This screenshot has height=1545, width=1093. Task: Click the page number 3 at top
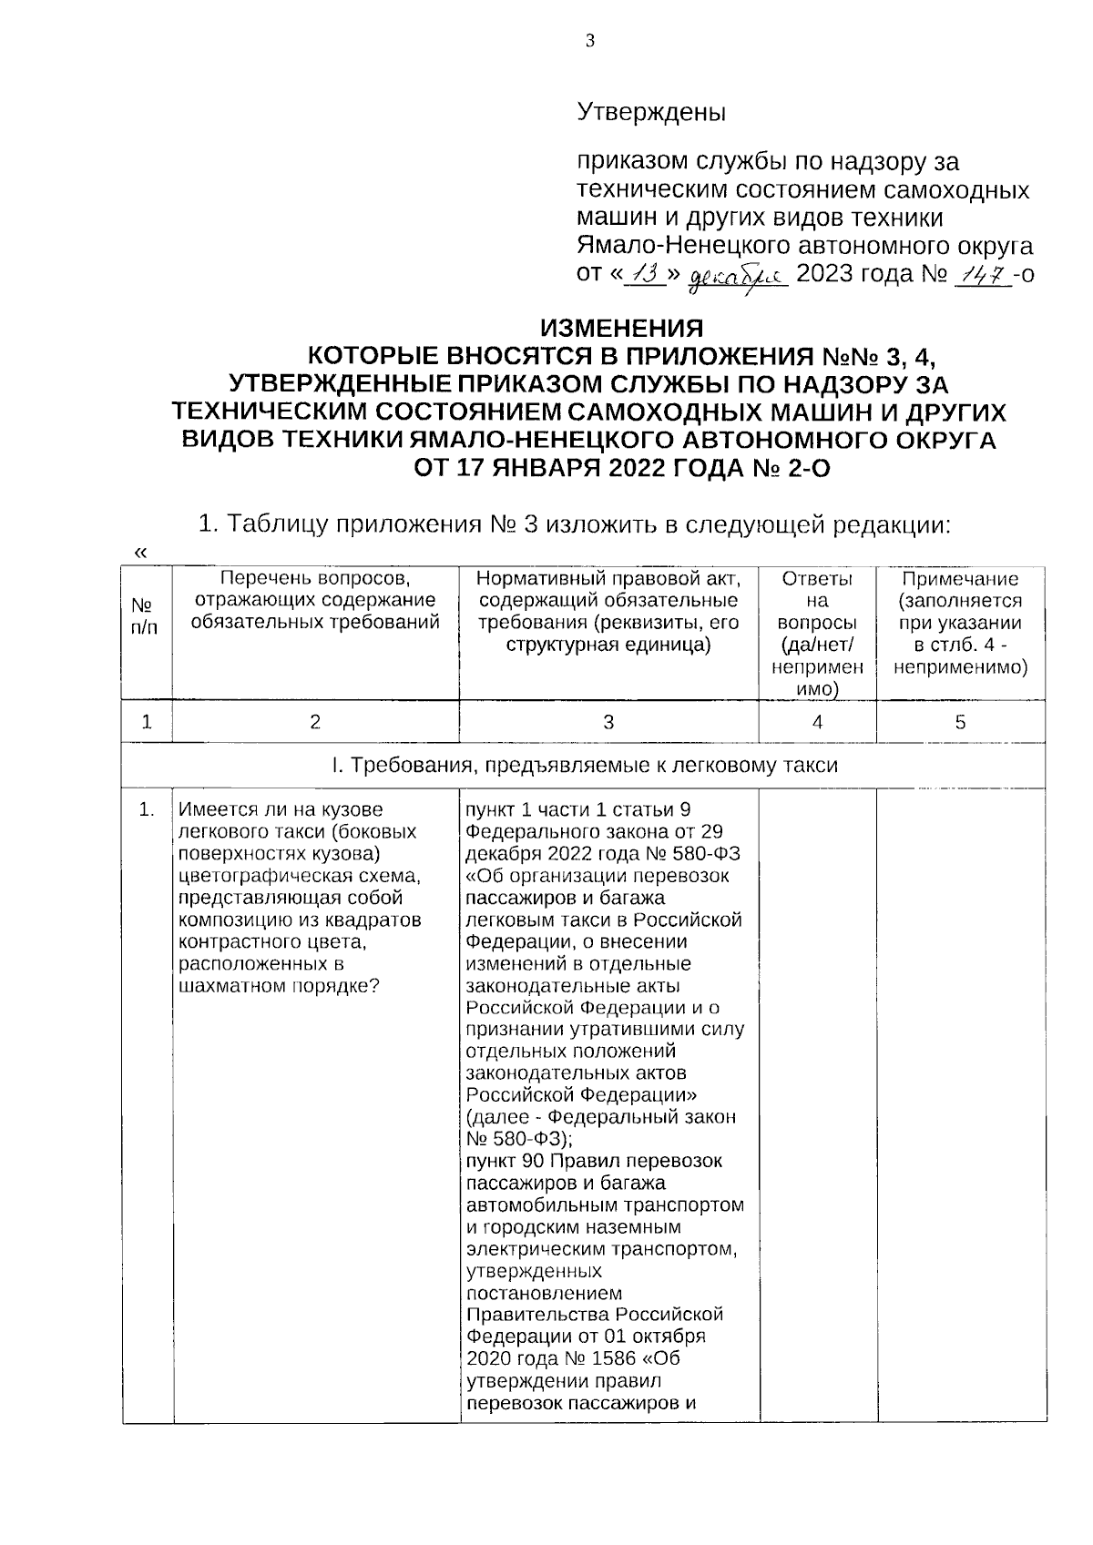click(589, 41)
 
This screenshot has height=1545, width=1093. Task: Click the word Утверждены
click(651, 114)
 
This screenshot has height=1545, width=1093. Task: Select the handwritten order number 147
click(982, 274)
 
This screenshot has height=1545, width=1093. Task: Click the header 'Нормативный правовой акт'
click(608, 580)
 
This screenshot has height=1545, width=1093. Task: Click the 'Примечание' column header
click(960, 580)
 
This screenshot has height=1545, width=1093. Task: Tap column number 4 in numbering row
click(817, 722)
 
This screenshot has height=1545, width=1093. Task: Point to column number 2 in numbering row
click(315, 722)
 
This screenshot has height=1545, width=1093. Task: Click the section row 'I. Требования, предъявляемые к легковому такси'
click(584, 766)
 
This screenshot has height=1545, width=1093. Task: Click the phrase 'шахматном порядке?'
click(279, 986)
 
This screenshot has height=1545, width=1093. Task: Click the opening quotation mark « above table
click(139, 553)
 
